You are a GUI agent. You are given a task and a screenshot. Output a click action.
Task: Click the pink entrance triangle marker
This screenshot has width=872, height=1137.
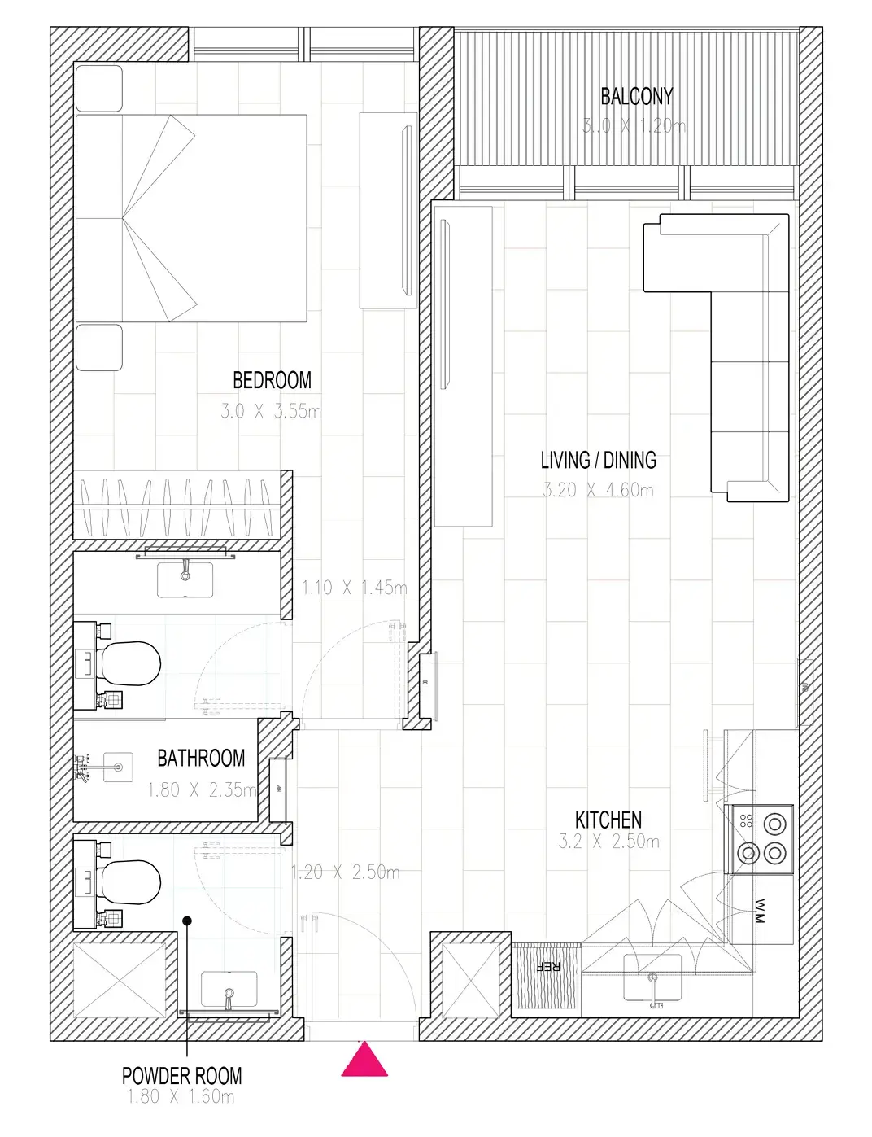pyautogui.click(x=364, y=1060)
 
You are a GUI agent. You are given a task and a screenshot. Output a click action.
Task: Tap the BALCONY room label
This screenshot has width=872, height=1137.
pyautogui.click(x=636, y=97)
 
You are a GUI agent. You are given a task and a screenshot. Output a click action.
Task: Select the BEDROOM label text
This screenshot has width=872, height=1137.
pyautogui.click(x=272, y=380)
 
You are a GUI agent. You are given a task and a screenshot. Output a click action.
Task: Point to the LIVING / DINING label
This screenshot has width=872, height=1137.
pyautogui.click(x=598, y=461)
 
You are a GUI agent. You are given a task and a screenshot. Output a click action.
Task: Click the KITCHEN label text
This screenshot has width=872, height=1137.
pyautogui.click(x=608, y=820)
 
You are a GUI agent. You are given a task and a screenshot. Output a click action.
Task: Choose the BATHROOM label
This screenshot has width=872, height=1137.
pyautogui.click(x=200, y=759)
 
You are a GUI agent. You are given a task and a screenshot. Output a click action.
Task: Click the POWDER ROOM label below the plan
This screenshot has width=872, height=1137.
pyautogui.click(x=181, y=1076)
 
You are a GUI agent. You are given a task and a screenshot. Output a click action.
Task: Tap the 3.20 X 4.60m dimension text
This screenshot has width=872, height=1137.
pyautogui.click(x=598, y=490)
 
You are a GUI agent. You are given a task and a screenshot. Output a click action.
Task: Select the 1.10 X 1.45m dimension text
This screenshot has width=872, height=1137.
pyautogui.click(x=354, y=588)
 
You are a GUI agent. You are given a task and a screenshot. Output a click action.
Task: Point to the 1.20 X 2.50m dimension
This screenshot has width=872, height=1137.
pyautogui.click(x=346, y=872)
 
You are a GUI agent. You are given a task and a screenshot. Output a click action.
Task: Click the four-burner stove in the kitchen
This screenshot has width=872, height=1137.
pyautogui.click(x=762, y=838)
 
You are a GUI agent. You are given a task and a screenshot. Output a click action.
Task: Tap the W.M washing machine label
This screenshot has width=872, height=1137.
pyautogui.click(x=760, y=911)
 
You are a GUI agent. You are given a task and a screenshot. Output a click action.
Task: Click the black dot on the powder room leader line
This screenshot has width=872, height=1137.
pyautogui.click(x=187, y=921)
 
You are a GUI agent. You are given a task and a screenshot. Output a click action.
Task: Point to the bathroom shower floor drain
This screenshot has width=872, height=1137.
pyautogui.click(x=119, y=767)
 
